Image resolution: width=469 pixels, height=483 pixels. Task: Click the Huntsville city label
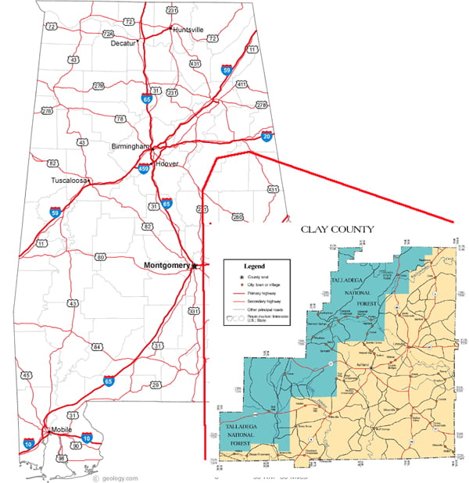pos(188,30)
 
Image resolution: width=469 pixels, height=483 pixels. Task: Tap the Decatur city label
pos(124,44)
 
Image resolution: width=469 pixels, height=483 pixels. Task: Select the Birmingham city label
pos(130,145)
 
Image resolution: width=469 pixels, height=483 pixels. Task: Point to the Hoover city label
pos(167,163)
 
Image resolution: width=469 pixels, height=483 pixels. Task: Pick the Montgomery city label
pos(167,265)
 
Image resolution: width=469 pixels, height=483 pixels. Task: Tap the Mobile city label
pos(62,431)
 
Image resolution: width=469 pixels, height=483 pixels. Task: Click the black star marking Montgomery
pos(195,267)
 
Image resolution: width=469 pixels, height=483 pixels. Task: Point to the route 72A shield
pos(109,33)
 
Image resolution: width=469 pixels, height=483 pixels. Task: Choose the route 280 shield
pos(238,216)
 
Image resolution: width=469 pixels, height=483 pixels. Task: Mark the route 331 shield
pos(194,311)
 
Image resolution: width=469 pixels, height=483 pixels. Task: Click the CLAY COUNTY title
pos(338,229)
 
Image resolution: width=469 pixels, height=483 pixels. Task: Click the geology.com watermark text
pos(118,478)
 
